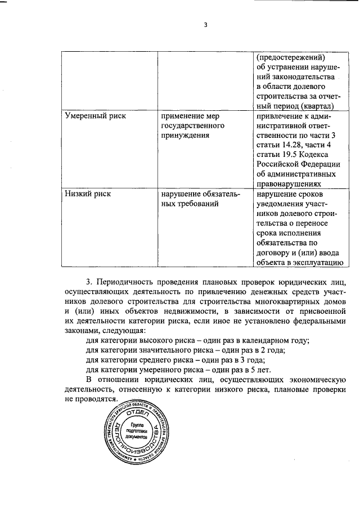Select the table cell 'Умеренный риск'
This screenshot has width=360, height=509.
[x=96, y=116]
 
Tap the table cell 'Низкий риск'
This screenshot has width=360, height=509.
[x=87, y=194]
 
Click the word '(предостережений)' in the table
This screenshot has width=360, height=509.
[x=291, y=57]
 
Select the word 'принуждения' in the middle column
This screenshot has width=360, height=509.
[x=185, y=136]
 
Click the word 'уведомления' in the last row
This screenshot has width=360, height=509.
[x=282, y=204]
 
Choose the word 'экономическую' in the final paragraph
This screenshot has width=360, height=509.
[x=313, y=380]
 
